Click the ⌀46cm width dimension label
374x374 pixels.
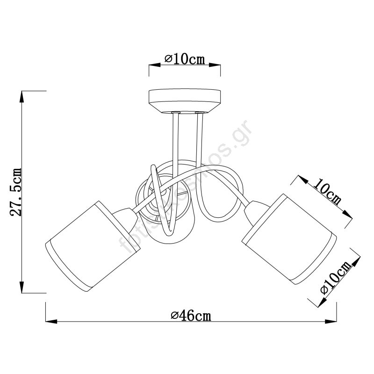click(x=191, y=316)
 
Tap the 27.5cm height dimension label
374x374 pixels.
click(x=16, y=192)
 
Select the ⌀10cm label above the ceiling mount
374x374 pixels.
click(x=185, y=59)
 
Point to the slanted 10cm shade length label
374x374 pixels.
click(x=327, y=194)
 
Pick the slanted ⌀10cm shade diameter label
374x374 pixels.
click(x=336, y=277)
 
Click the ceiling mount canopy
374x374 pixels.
click(x=185, y=101)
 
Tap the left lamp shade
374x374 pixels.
click(x=93, y=246)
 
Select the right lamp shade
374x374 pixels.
click(x=289, y=239)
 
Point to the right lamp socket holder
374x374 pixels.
click(x=256, y=212)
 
